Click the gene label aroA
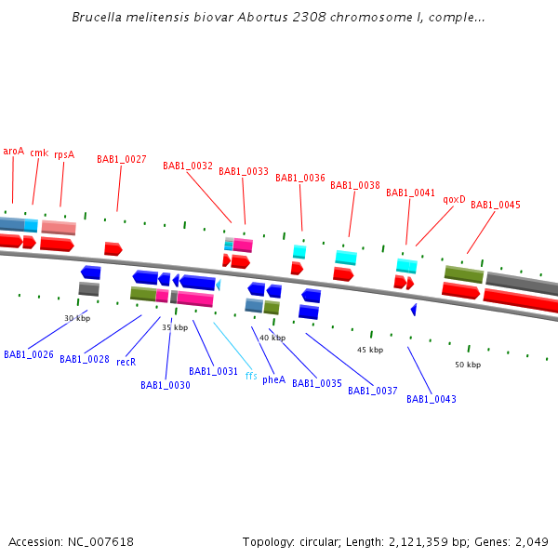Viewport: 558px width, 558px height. click(13, 151)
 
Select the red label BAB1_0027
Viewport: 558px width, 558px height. click(122, 159)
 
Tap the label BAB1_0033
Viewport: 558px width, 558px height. click(244, 171)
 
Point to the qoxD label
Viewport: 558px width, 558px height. click(454, 199)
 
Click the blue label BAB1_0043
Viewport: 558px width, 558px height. click(432, 399)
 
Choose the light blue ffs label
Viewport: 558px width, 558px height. click(251, 376)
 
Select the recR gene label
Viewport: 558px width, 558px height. click(126, 362)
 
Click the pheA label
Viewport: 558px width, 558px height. click(273, 379)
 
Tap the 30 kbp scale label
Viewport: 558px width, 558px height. click(77, 318)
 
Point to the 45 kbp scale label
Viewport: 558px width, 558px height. click(370, 350)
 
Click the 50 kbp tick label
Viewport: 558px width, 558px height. click(468, 365)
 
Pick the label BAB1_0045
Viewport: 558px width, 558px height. click(496, 205)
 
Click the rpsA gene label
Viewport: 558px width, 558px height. click(64, 154)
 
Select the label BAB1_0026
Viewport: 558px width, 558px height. click(29, 354)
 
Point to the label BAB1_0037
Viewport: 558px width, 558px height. click(373, 391)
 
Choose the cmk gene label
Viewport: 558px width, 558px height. click(39, 153)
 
